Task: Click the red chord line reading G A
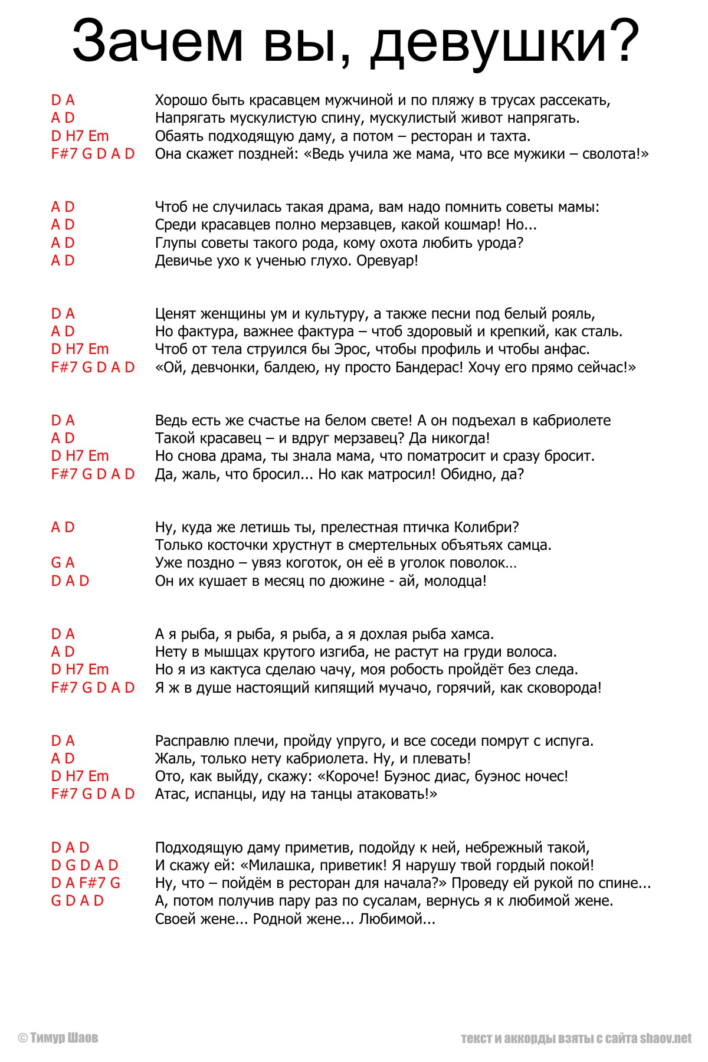click(x=63, y=563)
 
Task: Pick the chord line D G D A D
click(x=84, y=866)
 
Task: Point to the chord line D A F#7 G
click(x=86, y=883)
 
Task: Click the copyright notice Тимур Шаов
click(x=58, y=1038)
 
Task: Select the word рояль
click(x=572, y=314)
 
